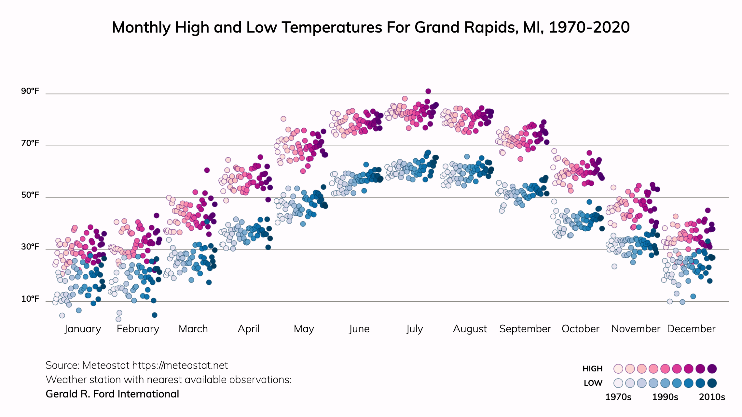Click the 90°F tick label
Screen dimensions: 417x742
tap(30, 91)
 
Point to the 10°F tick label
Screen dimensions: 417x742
tap(30, 299)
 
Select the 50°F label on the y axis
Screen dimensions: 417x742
tap(30, 195)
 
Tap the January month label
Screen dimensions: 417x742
tap(83, 329)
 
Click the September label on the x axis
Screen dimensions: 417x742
tap(525, 329)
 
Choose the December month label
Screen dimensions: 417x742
tap(691, 329)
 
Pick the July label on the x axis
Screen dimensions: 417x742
tap(414, 329)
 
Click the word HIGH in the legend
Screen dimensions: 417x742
tap(592, 369)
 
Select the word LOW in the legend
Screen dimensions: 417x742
tap(593, 383)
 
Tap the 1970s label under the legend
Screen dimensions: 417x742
tap(618, 397)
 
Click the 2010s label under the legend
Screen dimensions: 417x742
tap(712, 397)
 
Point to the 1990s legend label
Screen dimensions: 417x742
tap(665, 397)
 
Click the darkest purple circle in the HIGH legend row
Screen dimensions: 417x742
tap(712, 369)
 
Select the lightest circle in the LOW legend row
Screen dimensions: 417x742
tap(618, 383)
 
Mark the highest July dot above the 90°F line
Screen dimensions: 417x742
tap(428, 91)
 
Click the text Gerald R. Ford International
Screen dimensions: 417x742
tap(112, 394)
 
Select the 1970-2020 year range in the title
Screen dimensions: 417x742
tap(589, 27)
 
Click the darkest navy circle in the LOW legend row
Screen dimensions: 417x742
tap(712, 383)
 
